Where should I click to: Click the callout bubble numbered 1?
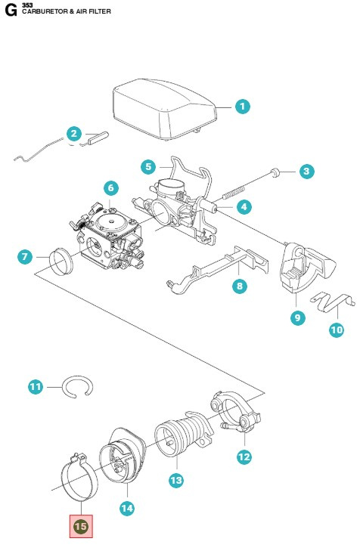[242, 107]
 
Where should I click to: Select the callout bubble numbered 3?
[306, 172]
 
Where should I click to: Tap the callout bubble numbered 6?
[110, 187]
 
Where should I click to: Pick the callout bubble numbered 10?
[336, 330]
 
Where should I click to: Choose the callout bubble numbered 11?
[36, 387]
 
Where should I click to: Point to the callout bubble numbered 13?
[175, 480]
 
